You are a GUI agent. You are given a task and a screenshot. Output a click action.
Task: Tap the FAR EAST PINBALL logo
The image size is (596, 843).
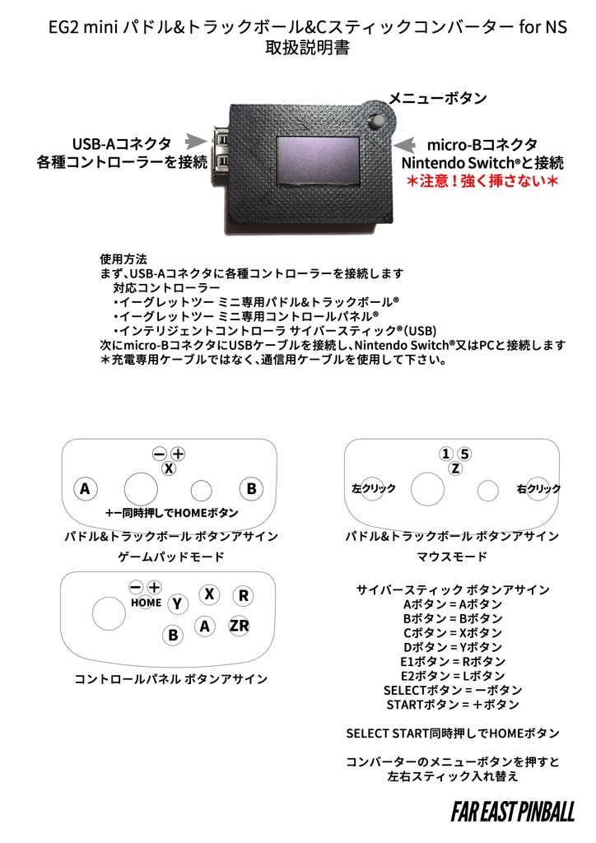coord(513,812)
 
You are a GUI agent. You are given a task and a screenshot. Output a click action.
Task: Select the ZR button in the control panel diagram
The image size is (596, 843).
coord(240,626)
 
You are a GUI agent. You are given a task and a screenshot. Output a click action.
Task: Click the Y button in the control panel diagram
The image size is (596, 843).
coord(175,603)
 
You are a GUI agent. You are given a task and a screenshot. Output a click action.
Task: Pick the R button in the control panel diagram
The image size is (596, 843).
coord(242,595)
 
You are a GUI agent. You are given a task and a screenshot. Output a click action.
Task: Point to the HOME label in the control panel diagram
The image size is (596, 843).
coord(147,603)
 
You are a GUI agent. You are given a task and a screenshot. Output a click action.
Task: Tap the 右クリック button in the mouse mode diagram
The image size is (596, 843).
coord(539,488)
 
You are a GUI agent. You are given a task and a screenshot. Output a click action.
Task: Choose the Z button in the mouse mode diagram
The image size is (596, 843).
coord(455,468)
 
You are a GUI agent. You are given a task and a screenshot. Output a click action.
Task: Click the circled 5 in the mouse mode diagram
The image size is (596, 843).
coord(465,454)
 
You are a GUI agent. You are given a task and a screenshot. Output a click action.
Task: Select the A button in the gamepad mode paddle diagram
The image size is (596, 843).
coord(84,488)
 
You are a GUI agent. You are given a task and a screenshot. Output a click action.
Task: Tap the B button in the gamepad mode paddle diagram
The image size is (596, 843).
coord(251,488)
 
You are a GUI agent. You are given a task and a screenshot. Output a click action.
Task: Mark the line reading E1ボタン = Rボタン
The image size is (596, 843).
coord(452,661)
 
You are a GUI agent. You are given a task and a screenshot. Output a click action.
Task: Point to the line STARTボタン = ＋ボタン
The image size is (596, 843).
coord(452,705)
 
